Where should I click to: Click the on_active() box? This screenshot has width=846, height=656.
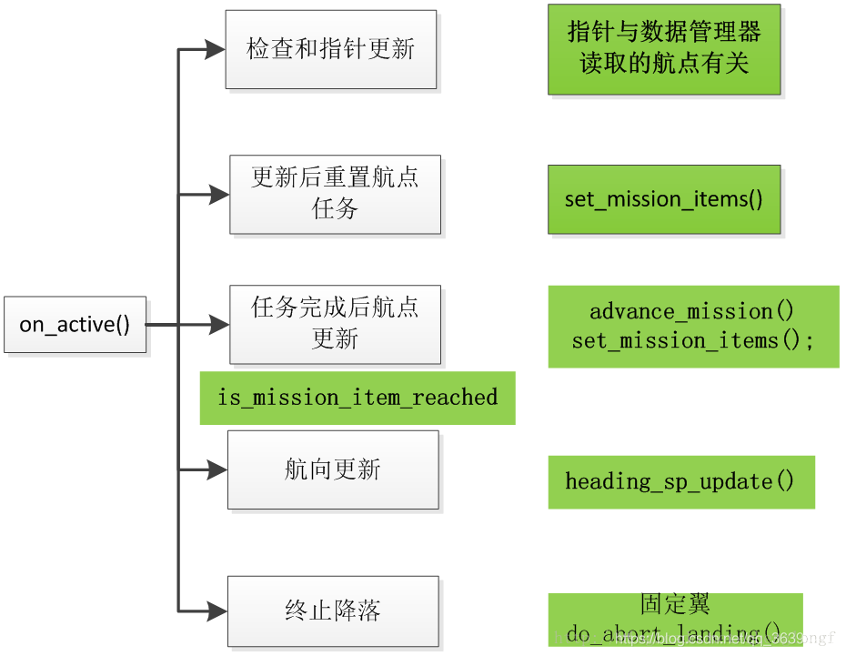coord(75,324)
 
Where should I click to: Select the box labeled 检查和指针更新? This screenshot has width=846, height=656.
coord(331,49)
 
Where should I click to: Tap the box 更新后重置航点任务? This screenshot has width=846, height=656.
coord(335,193)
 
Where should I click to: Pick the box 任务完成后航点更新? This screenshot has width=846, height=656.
coord(335,323)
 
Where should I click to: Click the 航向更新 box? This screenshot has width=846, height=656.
coord(333,469)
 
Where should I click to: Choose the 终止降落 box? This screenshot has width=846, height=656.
coord(333,611)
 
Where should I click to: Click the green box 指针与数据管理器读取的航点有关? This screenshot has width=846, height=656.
coord(664,49)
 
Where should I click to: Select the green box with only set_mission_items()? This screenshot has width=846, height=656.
coord(664,199)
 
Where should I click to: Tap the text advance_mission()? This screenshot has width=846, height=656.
coord(692,311)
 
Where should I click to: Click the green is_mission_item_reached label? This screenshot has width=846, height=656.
coord(358,398)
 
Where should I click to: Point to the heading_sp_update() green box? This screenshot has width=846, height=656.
coord(680,481)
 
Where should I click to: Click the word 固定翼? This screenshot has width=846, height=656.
coord(675,604)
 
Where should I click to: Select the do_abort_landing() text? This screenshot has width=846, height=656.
coord(674,632)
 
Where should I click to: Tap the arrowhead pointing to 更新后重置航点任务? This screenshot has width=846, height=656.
coord(218,194)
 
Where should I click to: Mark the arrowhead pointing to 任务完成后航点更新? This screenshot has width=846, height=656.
coord(218,324)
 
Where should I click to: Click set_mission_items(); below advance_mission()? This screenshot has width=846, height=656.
coord(692,340)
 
